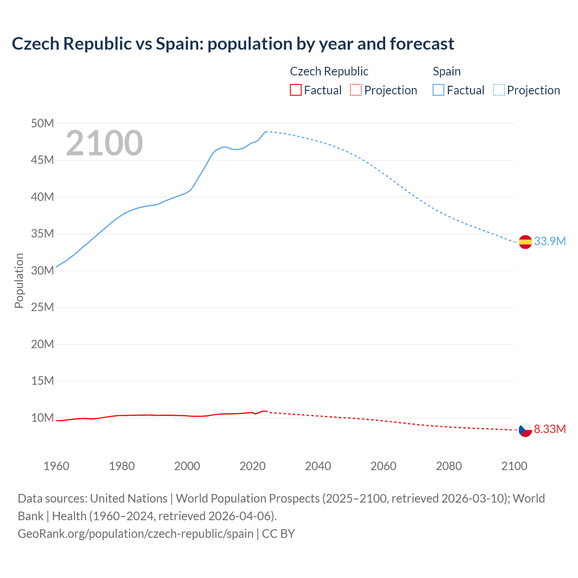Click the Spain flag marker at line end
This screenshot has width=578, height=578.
point(525,242)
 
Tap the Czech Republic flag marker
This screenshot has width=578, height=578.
point(525,430)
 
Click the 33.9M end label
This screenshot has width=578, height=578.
point(550,241)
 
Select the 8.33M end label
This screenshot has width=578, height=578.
point(550,429)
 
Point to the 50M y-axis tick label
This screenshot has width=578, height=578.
point(42,123)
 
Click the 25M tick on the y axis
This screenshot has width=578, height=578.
point(42,308)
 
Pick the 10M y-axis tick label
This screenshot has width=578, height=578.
point(42,418)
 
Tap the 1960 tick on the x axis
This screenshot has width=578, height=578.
point(56,466)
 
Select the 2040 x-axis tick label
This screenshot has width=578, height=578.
point(318,466)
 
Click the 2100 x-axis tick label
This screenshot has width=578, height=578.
point(514,466)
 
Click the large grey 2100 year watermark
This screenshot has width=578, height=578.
point(104,144)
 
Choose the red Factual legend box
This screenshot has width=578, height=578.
point(295,90)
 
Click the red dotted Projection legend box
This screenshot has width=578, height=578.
point(356,90)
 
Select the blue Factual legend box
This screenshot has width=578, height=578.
point(438,90)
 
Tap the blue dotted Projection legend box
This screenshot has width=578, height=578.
point(499,90)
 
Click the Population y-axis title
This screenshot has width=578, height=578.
point(19,280)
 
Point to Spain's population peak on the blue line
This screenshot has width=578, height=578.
point(266,131)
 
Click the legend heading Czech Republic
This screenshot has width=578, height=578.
point(329,71)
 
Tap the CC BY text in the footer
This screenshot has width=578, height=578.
point(278,534)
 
